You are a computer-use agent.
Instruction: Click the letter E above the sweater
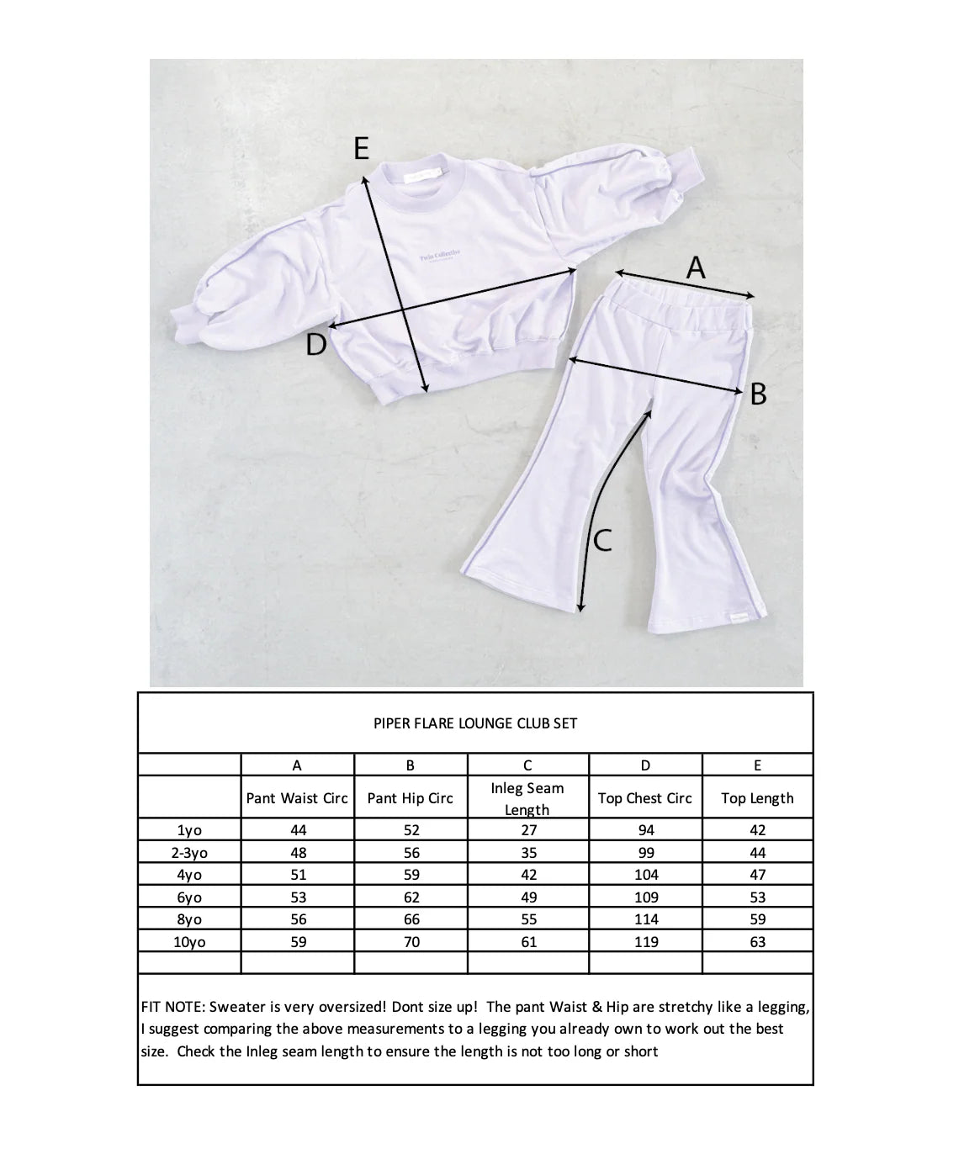[361, 149]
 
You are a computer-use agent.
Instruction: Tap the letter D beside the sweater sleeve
[315, 344]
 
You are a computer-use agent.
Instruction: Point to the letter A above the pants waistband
[696, 268]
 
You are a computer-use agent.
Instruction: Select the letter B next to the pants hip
[758, 393]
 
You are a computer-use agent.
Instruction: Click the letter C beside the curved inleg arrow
[602, 540]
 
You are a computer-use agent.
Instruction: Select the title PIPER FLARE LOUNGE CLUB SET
[475, 723]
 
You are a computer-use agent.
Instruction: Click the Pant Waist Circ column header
[297, 798]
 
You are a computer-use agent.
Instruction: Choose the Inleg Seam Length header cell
[527, 798]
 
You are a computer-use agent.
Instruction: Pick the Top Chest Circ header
[645, 798]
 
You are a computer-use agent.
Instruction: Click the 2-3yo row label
[189, 852]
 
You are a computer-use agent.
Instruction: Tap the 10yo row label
[189, 942]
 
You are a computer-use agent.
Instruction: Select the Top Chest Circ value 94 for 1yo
[646, 829]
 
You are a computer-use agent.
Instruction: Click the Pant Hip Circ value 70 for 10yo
[411, 942]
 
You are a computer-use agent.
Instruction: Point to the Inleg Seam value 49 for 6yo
[528, 897]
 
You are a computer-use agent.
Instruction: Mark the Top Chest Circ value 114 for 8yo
[646, 919]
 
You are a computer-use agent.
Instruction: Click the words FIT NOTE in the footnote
[172, 1007]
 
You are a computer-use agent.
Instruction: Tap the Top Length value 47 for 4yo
[758, 875]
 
